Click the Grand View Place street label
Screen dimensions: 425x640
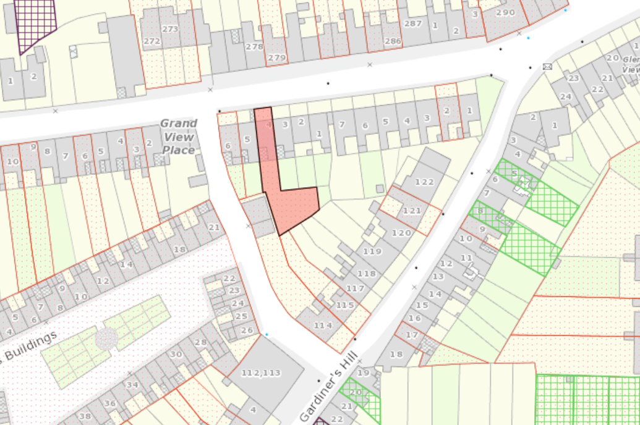pyautogui.click(x=179, y=137)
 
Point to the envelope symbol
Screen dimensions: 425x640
pyautogui.click(x=547, y=66)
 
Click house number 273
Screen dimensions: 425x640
pyautogui.click(x=169, y=29)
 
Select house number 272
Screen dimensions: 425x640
pyautogui.click(x=151, y=41)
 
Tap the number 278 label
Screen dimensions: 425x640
pyautogui.click(x=254, y=46)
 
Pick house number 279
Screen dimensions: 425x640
pyautogui.click(x=277, y=58)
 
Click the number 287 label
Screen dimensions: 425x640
pyautogui.click(x=412, y=23)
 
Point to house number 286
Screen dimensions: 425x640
pyautogui.click(x=393, y=41)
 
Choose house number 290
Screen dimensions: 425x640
pyautogui.click(x=505, y=12)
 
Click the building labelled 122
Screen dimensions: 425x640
pyautogui.click(x=425, y=182)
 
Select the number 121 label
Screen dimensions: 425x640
pyautogui.click(x=411, y=211)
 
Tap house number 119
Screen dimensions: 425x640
pyautogui.click(x=372, y=251)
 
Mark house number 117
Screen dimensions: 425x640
pyautogui.click(x=355, y=288)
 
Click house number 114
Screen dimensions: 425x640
pyautogui.click(x=323, y=325)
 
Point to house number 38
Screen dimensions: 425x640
pyautogui.click(x=85, y=416)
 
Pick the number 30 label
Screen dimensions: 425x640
pyautogui.click(x=176, y=354)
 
